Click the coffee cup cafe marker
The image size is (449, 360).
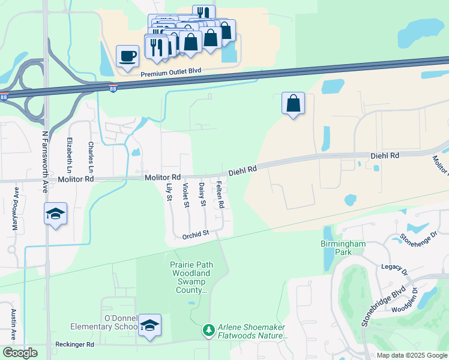click(x=127, y=56)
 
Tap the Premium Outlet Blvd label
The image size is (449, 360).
click(x=171, y=71)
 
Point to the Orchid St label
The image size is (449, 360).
click(x=195, y=235)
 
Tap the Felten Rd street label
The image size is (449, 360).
click(x=221, y=195)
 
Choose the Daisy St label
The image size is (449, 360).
click(x=203, y=196)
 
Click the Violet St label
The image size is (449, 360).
click(x=186, y=196)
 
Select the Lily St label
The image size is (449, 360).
click(x=169, y=192)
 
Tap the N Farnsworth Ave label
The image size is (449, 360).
click(x=46, y=155)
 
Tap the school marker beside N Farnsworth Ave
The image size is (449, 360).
click(x=55, y=214)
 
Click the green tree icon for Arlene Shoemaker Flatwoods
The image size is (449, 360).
click(x=208, y=330)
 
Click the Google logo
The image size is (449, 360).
click(x=20, y=353)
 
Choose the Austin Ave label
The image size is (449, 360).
click(x=14, y=324)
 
